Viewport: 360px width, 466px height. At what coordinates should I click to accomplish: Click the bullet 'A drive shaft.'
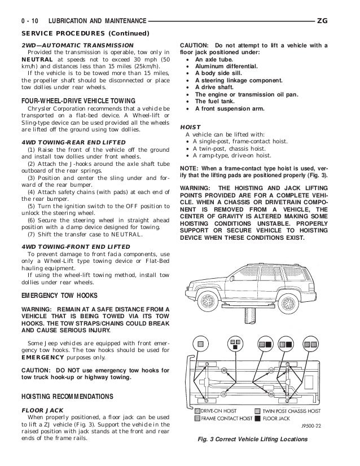pyautogui.click(x=217, y=87)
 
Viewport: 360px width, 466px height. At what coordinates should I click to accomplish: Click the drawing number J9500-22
pyautogui.click(x=311, y=428)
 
